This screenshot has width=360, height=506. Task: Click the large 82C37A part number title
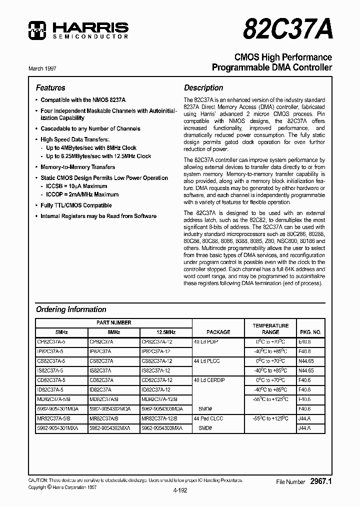(x=287, y=30)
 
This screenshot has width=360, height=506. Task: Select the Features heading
(x=50, y=87)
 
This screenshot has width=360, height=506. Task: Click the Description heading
(x=203, y=87)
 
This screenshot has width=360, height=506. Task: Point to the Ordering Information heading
(x=71, y=309)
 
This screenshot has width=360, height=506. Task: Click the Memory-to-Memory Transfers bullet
(x=77, y=167)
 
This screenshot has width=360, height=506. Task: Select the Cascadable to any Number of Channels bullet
(x=90, y=128)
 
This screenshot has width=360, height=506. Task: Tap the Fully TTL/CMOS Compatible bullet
(x=76, y=205)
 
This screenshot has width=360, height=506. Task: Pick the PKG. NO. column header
(x=310, y=332)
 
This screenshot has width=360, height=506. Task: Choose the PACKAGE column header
(x=218, y=332)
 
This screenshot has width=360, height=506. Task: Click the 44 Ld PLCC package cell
(x=206, y=360)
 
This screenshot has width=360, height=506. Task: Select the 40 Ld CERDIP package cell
(x=209, y=380)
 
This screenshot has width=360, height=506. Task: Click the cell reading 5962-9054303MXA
(x=161, y=428)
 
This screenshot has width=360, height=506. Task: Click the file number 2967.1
(x=320, y=481)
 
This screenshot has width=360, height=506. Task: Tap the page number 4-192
(x=179, y=490)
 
